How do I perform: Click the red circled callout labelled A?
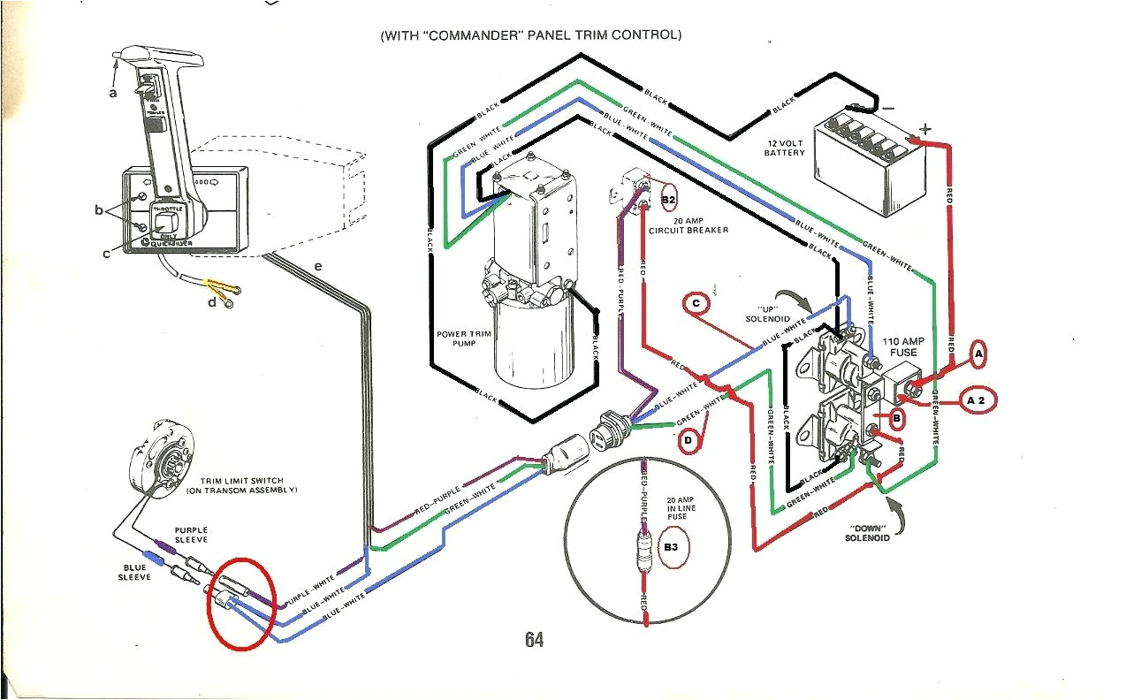(978, 354)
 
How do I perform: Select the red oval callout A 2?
(975, 400)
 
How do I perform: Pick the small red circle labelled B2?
(667, 200)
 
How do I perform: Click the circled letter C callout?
(696, 303)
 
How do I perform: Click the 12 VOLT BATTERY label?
(785, 148)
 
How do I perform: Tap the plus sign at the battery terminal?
(925, 129)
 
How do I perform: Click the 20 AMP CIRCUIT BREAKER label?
(689, 225)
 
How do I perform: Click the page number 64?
(533, 639)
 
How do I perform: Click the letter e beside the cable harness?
(317, 266)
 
